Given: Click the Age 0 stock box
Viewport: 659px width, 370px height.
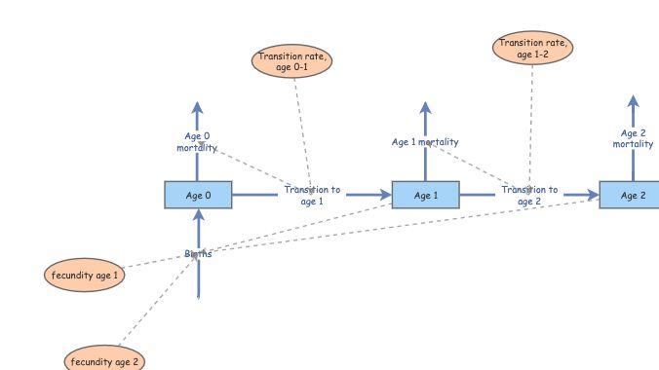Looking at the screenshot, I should [x=198, y=196].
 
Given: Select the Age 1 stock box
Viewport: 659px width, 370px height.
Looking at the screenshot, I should [x=425, y=196].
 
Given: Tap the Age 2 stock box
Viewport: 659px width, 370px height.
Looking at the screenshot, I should [x=632, y=196].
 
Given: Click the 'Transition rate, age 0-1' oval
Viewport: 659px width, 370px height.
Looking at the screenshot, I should [x=293, y=61].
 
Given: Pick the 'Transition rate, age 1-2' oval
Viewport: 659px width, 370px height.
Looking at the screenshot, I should [x=532, y=49].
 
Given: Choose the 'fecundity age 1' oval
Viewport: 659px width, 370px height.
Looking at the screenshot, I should [x=85, y=276].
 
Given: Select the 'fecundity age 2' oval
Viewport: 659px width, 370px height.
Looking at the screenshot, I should [x=106, y=361].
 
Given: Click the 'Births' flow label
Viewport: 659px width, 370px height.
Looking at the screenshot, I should [x=198, y=254].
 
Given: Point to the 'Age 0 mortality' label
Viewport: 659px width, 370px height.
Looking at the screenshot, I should [x=196, y=142].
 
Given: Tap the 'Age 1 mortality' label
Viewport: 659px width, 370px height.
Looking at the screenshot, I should [x=425, y=142].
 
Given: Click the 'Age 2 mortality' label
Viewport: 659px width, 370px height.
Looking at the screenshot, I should [x=633, y=138].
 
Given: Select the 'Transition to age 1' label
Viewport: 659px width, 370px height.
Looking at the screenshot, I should [x=312, y=196].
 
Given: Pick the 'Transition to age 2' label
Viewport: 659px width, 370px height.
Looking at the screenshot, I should [x=529, y=196].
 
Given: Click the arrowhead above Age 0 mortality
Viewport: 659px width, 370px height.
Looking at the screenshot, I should [x=197, y=108].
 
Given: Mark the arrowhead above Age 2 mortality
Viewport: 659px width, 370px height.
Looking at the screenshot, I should [x=633, y=102].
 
